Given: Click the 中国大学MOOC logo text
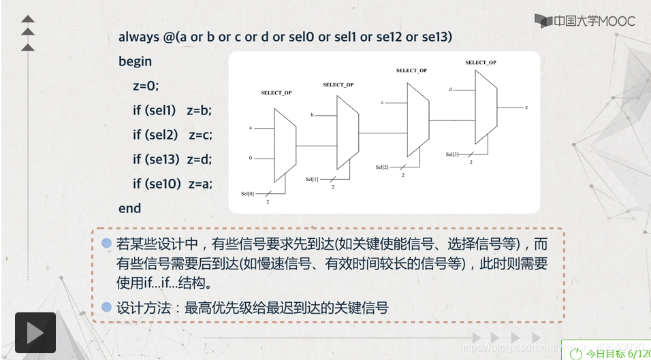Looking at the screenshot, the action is [585, 20].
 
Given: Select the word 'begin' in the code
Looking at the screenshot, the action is [135, 61].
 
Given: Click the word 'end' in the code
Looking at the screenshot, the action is [129, 208].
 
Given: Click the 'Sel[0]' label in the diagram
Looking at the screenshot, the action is [248, 194].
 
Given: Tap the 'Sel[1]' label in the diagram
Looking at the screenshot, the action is [312, 179].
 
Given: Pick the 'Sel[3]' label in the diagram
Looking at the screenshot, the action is [452, 154].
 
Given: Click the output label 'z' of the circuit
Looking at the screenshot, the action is [526, 108].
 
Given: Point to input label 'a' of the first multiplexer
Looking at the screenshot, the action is [251, 128].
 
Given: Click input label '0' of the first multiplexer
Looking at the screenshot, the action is [251, 158].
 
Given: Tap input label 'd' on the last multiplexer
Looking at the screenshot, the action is [450, 89].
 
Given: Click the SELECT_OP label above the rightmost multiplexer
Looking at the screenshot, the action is [481, 63].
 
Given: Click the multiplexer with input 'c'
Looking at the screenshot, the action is [417, 120].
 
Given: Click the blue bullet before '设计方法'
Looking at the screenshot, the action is [106, 308].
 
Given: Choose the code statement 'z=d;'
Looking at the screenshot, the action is [201, 160].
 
